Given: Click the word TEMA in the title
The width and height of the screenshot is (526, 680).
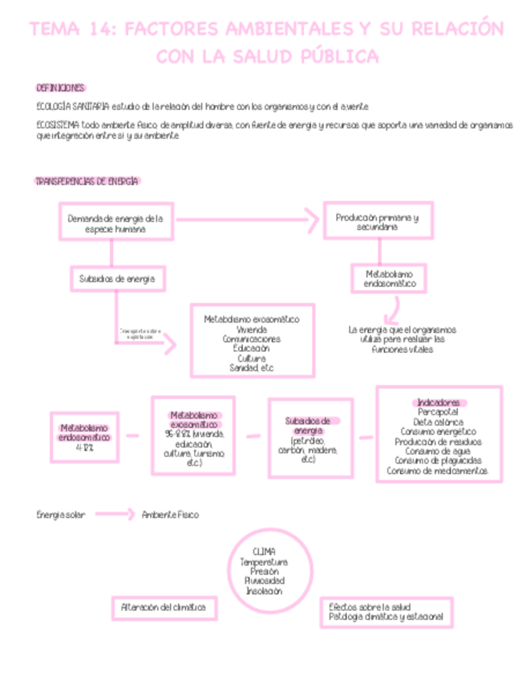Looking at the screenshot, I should click(x=54, y=30).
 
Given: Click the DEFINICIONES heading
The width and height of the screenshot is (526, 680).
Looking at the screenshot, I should click(x=60, y=87).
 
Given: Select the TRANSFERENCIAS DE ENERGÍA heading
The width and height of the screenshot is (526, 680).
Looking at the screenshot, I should click(x=87, y=181).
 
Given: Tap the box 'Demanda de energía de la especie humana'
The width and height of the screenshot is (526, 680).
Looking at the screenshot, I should click(x=115, y=222).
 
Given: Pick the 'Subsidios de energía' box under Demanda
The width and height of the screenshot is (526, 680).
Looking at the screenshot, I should click(x=116, y=278).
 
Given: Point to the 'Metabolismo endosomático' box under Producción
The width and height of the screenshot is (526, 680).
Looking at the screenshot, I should click(x=390, y=278).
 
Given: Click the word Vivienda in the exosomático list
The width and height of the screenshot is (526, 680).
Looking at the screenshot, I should click(x=251, y=329).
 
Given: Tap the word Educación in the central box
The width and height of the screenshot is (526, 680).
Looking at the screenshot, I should click(x=251, y=348).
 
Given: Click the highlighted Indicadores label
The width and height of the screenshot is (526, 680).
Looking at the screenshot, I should click(x=438, y=402).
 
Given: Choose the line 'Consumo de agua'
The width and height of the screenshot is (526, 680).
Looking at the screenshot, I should click(x=438, y=451).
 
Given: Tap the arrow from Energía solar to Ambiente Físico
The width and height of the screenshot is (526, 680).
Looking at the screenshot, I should click(x=115, y=514).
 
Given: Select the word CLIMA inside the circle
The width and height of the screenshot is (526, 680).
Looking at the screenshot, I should click(x=263, y=552).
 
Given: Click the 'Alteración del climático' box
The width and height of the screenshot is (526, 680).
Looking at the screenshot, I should click(x=164, y=608).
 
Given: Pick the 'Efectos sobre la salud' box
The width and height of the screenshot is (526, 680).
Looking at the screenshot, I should click(x=386, y=612).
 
